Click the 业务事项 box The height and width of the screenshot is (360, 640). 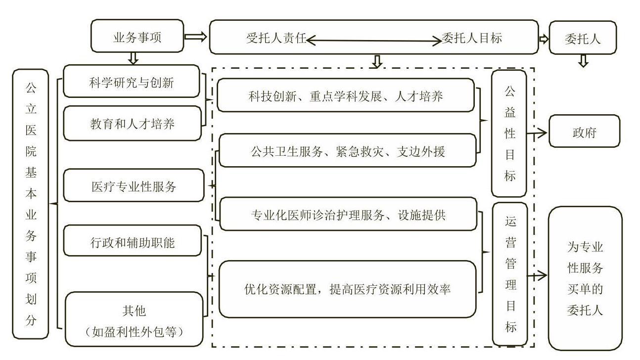coord(137,36)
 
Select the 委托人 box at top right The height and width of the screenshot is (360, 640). coord(583,38)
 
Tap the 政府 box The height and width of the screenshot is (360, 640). coord(584,131)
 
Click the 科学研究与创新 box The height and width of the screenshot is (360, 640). coord(132,81)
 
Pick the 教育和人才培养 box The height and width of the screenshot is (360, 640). coord(132,123)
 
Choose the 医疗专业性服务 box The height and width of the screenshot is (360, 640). coord(134,185)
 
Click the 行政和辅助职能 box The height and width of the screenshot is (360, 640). coord(133,240)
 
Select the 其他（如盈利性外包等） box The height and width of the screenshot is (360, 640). coord(134,319)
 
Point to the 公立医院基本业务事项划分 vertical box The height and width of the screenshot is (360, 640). coord(31,204)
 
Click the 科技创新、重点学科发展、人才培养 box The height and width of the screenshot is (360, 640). coord(346,95)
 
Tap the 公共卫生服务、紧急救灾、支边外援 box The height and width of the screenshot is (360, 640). coord(347,150)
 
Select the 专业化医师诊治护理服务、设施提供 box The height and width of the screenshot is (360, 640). coord(348,214)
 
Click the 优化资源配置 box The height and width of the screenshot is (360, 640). coord(347,289)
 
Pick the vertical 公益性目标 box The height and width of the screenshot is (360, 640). coord(509,134)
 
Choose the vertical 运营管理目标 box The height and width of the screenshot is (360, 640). coord(510,274)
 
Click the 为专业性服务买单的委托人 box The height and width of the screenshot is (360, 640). coord(585,278)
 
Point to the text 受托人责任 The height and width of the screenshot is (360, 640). coord(276,38)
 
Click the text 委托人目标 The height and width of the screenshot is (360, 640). coord(472,38)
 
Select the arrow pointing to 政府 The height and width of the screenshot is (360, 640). coord(537,133)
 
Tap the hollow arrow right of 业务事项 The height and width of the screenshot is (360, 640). coord(196,37)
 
